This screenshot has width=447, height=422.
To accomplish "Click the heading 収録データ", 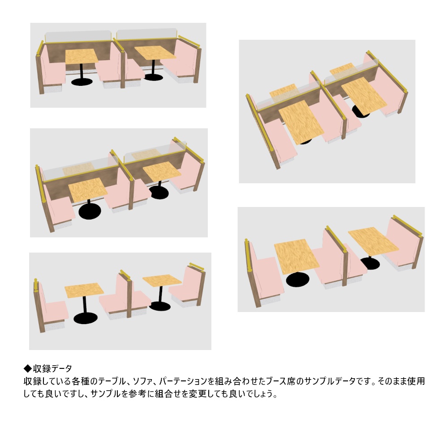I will tap(52, 369).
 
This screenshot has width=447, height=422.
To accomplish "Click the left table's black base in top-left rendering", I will tap(82, 82).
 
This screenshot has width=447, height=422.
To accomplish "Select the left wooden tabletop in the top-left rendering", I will tap(82, 56).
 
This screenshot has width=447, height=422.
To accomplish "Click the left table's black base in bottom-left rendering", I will tap(86, 318).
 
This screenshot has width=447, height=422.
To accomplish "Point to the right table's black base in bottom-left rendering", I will tap(159, 306).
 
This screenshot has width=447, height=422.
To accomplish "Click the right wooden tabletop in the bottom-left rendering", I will tap(162, 280).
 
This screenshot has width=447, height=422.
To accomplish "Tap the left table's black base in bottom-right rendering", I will tap(297, 279).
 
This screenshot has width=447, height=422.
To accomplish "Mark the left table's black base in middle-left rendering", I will tap(90, 211).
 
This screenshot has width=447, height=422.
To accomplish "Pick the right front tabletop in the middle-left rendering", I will tap(162, 172).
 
